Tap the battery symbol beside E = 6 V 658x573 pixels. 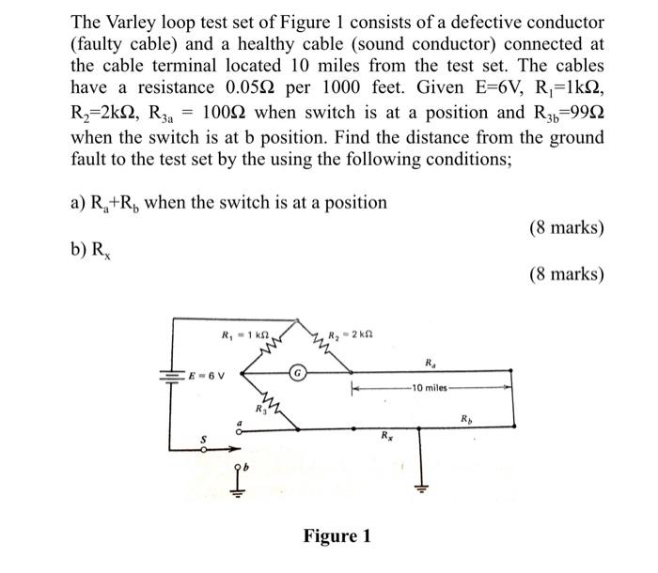pos(173,374)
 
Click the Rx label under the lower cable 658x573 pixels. pos(385,435)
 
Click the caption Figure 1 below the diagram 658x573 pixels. pos(337,536)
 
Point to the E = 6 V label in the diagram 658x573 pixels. pos(205,374)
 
